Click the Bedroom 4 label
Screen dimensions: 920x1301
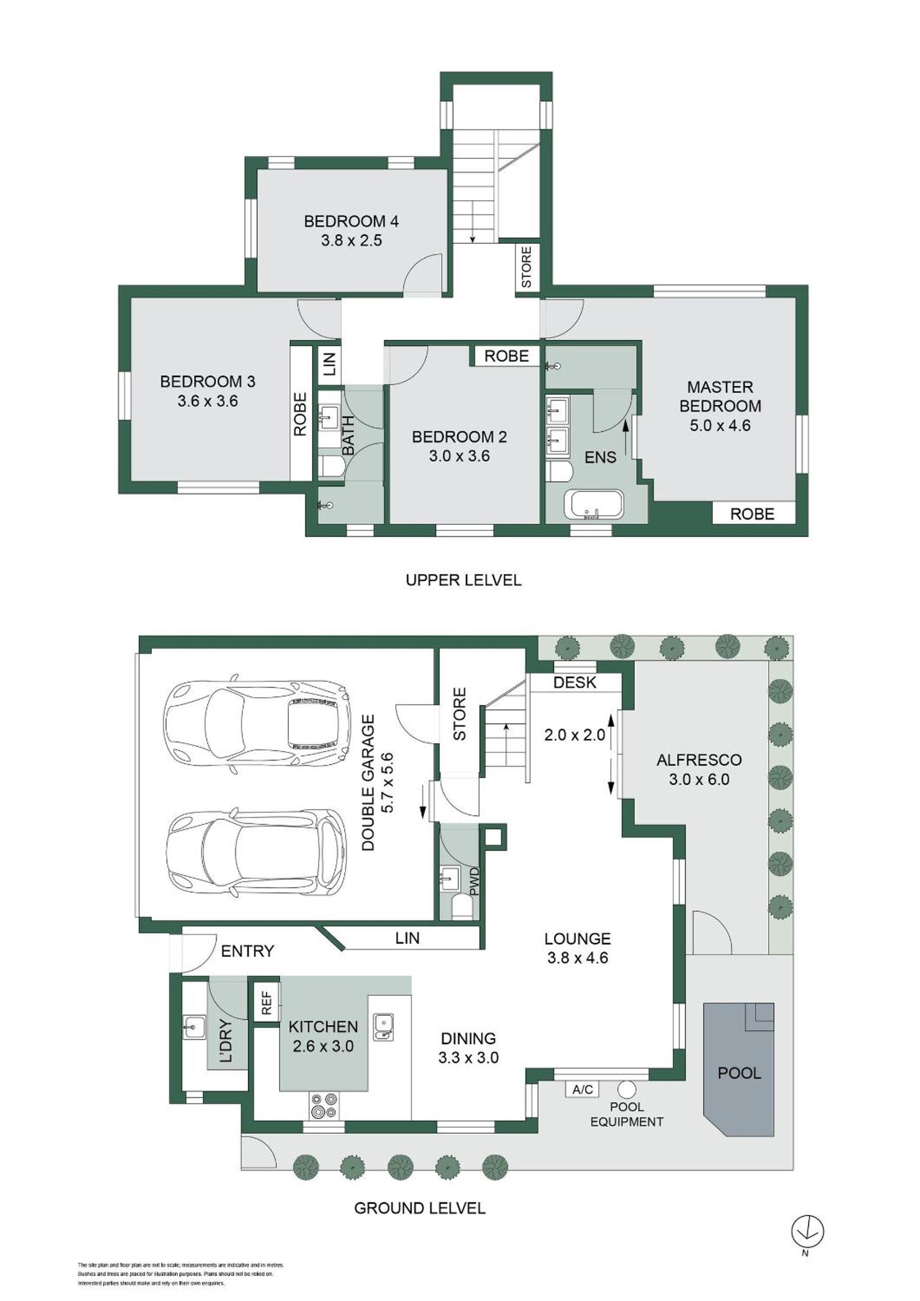(351, 221)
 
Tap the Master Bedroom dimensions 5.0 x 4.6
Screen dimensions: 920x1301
(720, 425)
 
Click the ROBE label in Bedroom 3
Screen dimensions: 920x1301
(300, 414)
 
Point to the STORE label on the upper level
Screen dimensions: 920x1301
(526, 267)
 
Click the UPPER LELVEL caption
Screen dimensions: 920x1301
(463, 580)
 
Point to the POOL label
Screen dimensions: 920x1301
(739, 1073)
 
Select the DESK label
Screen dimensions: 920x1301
(575, 682)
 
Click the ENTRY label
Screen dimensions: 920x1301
(248, 951)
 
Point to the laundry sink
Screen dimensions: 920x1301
(195, 1027)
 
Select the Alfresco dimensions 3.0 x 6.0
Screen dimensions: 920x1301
(699, 779)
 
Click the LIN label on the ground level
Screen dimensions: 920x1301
(407, 938)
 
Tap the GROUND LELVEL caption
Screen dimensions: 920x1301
(420, 1208)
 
